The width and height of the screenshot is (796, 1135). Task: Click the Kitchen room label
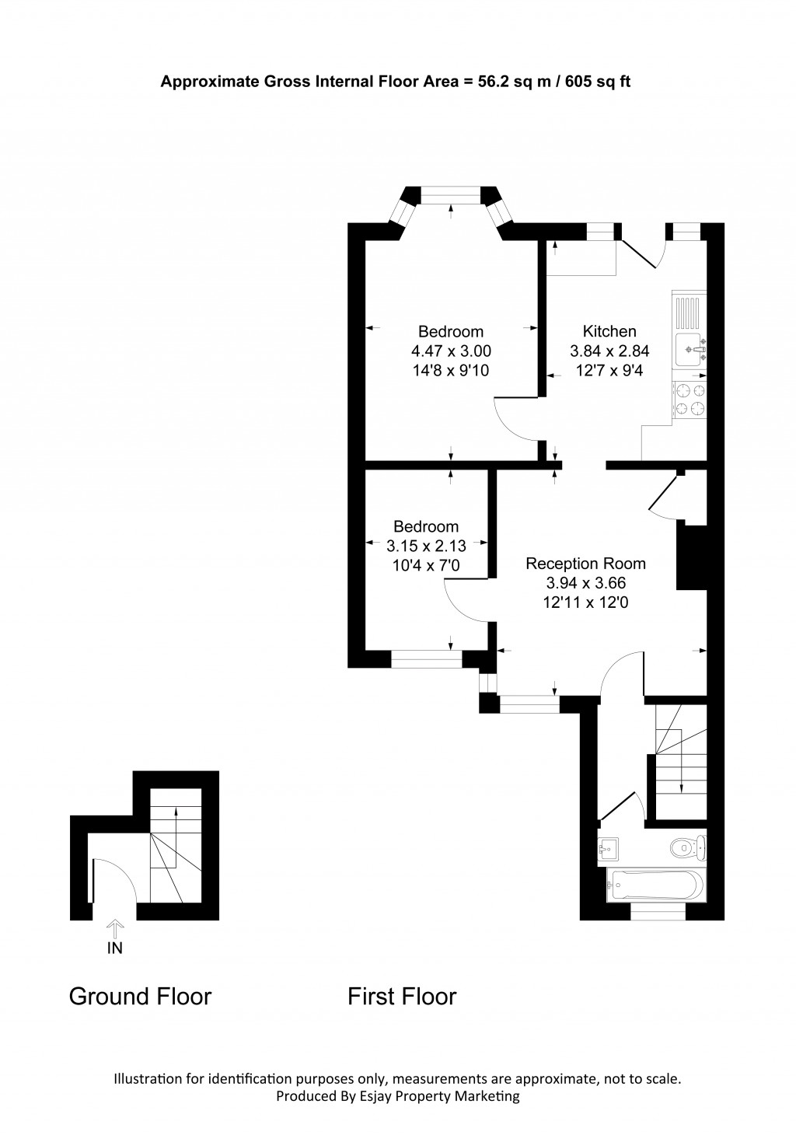(609, 331)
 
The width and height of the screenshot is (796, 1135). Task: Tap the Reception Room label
(585, 564)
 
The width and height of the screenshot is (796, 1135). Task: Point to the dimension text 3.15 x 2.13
(426, 546)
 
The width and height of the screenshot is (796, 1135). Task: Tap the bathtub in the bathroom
(656, 884)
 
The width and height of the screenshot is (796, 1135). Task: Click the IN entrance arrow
(115, 928)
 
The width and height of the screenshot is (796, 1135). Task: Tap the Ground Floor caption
(140, 996)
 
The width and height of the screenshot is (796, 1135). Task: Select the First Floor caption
(402, 996)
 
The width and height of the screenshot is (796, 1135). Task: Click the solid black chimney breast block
(690, 557)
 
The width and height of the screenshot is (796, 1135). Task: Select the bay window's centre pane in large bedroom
(452, 194)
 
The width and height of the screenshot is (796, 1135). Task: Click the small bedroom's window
(426, 659)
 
